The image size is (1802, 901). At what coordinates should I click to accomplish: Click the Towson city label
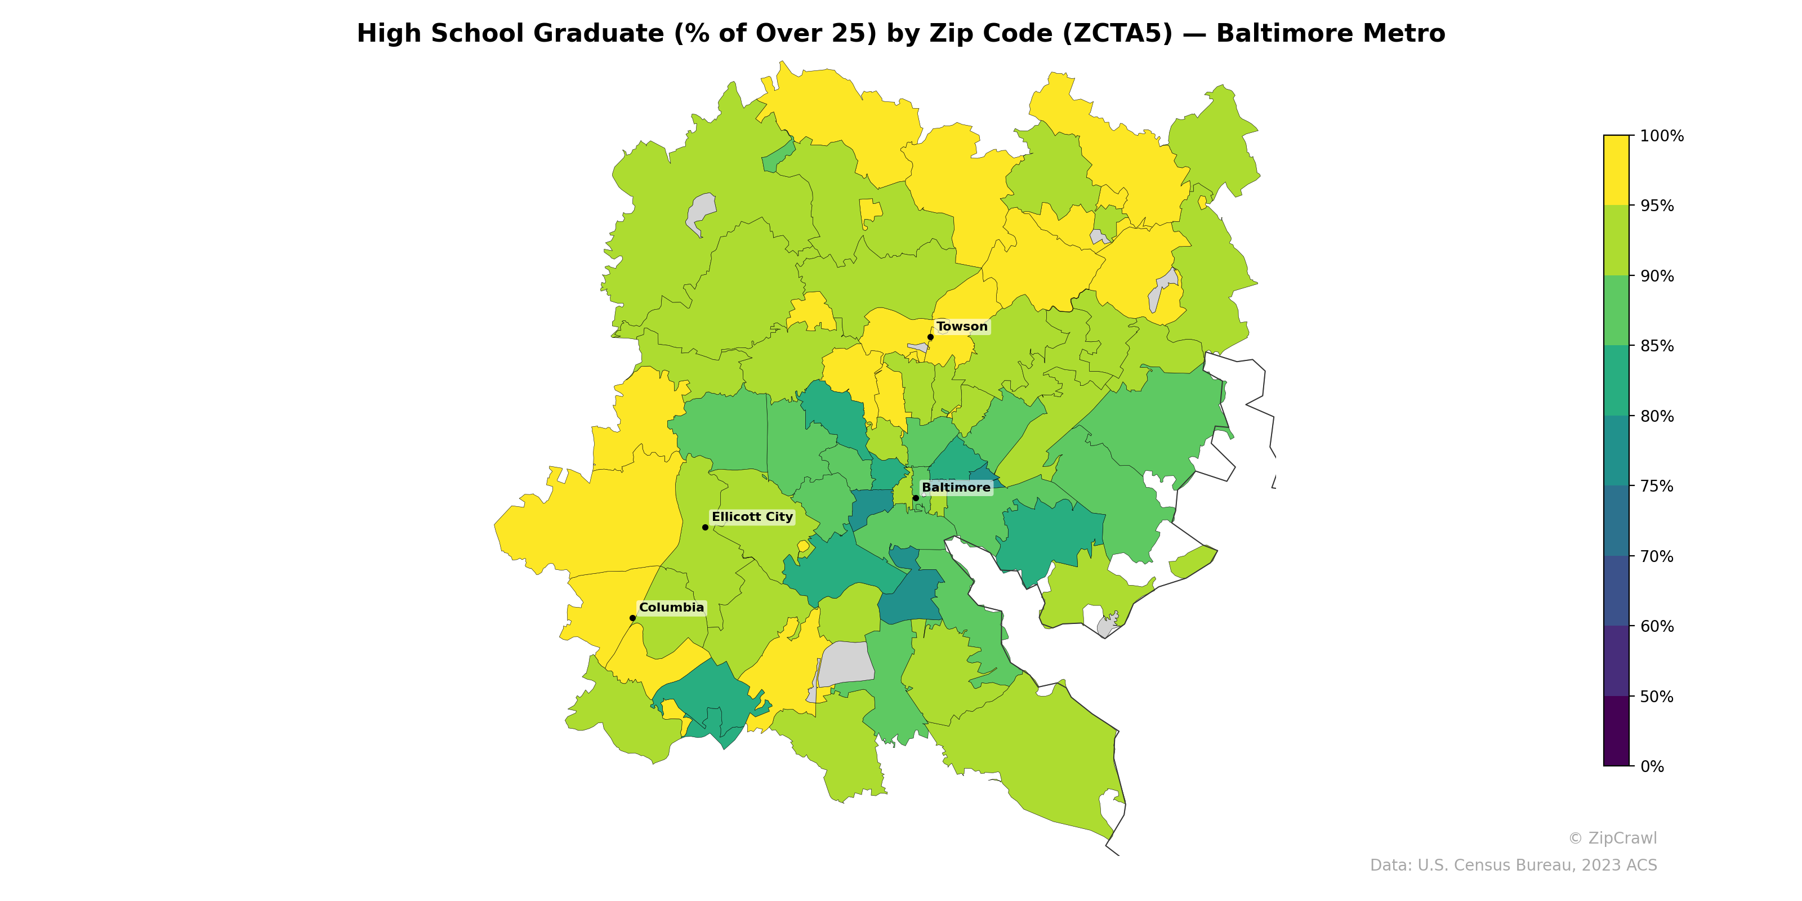[962, 327]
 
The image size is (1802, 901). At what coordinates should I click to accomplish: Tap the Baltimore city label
[956, 488]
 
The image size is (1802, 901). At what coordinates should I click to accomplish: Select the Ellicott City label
[752, 517]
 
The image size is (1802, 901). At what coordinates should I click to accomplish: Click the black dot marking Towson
[930, 337]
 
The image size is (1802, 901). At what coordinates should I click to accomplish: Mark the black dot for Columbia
[632, 618]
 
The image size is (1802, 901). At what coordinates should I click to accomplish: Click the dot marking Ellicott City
[705, 528]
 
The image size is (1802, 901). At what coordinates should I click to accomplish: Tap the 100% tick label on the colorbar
[1661, 136]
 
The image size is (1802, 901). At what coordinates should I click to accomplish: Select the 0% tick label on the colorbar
[1652, 766]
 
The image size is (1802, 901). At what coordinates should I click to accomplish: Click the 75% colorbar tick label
[1657, 486]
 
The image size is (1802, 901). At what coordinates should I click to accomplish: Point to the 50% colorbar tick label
[1657, 697]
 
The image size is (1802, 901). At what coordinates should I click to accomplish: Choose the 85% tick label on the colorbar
[1657, 346]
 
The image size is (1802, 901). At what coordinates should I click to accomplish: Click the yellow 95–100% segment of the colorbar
[1616, 170]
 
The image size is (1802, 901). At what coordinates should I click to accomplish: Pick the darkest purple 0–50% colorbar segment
[1616, 731]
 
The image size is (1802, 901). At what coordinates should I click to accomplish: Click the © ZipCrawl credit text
[1612, 838]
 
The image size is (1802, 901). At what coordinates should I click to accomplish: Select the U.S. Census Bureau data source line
[1513, 866]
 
